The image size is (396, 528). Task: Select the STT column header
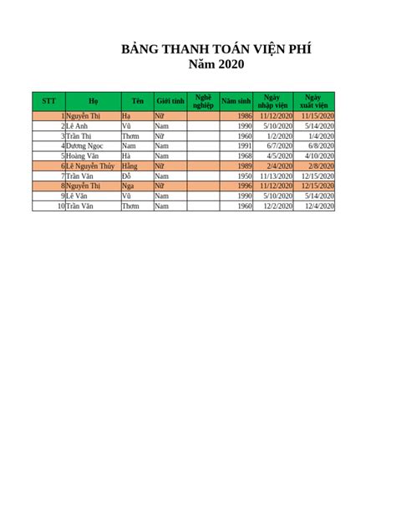pyautogui.click(x=48, y=100)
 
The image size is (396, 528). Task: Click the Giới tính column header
pyautogui.click(x=170, y=100)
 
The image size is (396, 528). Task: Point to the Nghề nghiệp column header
pyautogui.click(x=203, y=100)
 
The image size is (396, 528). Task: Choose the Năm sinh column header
pyautogui.click(x=236, y=100)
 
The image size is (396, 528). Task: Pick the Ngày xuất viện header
pyautogui.click(x=314, y=100)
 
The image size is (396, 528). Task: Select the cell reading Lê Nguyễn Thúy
pyautogui.click(x=91, y=166)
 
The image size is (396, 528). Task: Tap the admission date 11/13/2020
pyautogui.click(x=275, y=176)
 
